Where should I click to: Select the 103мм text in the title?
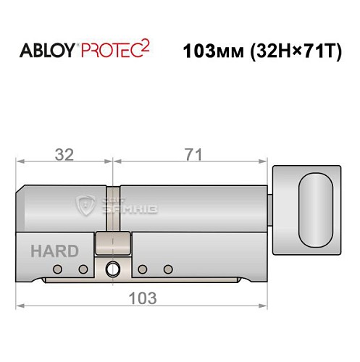211,52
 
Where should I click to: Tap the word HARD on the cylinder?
54,252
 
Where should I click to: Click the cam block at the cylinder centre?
113,244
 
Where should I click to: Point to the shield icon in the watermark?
87,206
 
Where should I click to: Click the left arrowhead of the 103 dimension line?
20,306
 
